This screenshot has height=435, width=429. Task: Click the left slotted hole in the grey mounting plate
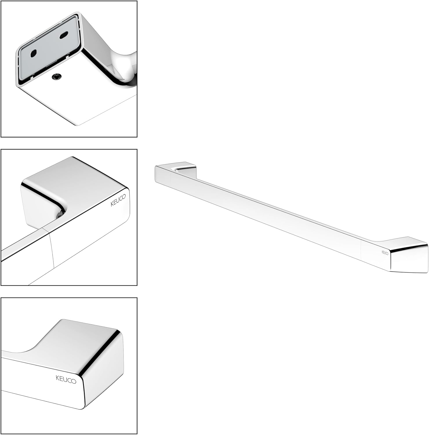point(33,54)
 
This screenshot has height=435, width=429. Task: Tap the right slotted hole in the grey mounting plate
point(64,35)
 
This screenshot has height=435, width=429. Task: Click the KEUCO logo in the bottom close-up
point(66,380)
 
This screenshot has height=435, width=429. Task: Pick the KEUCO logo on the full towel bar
point(385,253)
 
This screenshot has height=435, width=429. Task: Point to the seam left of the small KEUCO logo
point(361,251)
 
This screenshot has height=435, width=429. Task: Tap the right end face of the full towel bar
point(409,260)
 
